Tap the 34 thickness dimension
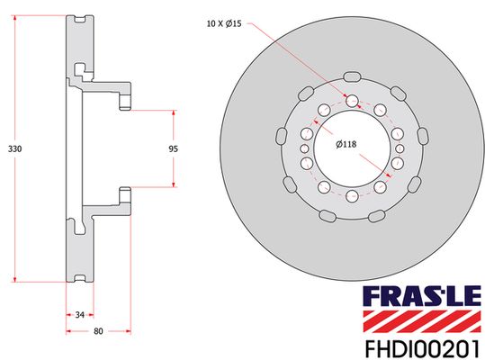coord(79,314)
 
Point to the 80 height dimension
coord(98,331)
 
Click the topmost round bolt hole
coord(353,100)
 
